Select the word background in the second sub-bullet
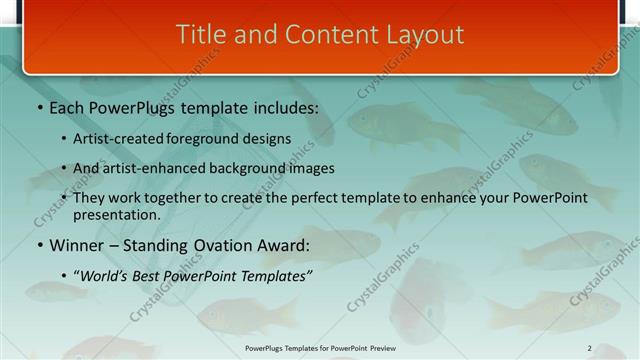[247, 168]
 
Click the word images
[310, 168]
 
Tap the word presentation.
[116, 214]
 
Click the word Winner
[79, 245]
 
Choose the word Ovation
[230, 245]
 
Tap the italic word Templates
[275, 275]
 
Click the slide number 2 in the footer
[589, 348]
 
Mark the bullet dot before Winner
[39, 246]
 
